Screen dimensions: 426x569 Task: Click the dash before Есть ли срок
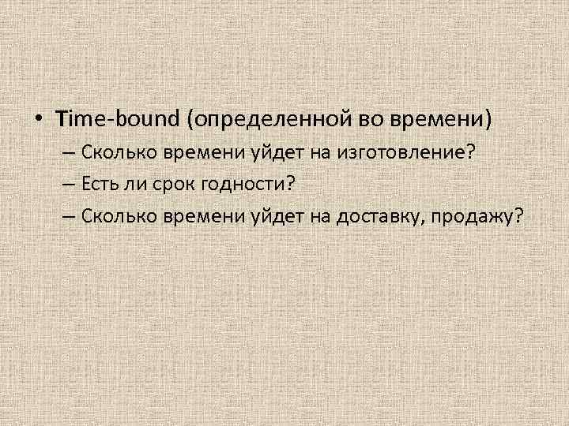pos(68,184)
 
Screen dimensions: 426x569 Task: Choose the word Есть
pos(98,184)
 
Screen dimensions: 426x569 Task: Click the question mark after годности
pos(289,184)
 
